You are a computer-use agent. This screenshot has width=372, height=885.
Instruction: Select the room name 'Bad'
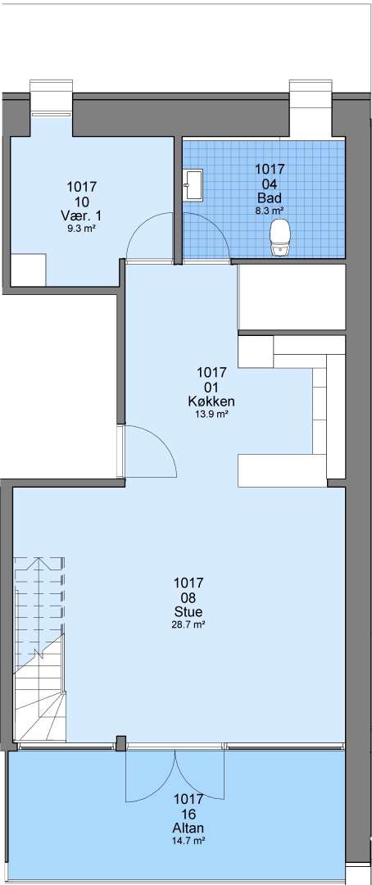tap(270, 198)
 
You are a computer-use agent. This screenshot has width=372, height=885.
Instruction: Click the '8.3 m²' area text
tap(270, 211)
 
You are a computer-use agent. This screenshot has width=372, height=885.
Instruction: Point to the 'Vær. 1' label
tap(82, 216)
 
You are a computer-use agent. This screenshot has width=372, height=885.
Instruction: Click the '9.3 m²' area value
tap(82, 229)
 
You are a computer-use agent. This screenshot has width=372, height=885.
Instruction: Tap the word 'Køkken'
tap(211, 402)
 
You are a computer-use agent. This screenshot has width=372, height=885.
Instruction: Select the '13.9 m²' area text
tap(211, 415)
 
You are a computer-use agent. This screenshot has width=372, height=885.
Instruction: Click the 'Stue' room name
tap(188, 612)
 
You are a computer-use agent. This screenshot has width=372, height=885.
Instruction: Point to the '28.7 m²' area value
tap(188, 624)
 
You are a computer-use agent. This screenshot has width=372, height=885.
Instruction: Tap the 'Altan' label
tap(188, 828)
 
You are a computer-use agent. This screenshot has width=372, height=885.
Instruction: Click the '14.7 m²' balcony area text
tap(188, 841)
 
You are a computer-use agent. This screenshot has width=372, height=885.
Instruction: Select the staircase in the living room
tap(39, 649)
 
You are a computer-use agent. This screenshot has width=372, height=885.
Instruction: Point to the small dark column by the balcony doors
tap(120, 743)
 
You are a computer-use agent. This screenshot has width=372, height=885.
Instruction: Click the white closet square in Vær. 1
tap(28, 270)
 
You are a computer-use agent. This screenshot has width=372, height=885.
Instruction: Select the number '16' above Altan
tap(188, 814)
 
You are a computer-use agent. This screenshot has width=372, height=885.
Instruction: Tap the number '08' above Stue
tap(188, 597)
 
